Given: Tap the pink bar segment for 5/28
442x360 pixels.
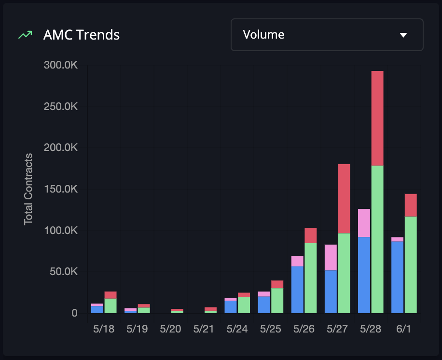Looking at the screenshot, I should pyautogui.click(x=364, y=223).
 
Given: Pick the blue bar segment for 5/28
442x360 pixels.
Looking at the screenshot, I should pyautogui.click(x=364, y=275).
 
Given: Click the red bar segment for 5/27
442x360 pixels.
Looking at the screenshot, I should pyautogui.click(x=344, y=199).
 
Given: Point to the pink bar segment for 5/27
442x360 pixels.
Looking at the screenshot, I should pyautogui.click(x=331, y=257).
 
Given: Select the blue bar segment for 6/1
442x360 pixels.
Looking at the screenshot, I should pyautogui.click(x=397, y=277).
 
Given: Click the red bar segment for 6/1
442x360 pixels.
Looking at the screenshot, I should pyautogui.click(x=411, y=205).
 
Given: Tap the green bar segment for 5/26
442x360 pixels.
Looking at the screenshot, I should pyautogui.click(x=311, y=278).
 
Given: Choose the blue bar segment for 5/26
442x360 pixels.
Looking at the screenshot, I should pyautogui.click(x=297, y=290).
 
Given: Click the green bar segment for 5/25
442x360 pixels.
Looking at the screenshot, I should pyautogui.click(x=277, y=301).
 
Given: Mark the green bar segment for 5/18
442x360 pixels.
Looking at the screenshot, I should pyautogui.click(x=110, y=305).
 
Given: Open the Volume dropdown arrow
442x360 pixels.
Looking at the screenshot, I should pyautogui.click(x=404, y=35).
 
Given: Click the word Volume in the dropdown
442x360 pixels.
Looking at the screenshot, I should pyautogui.click(x=263, y=35).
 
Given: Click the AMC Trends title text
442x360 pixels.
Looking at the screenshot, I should pyautogui.click(x=81, y=35).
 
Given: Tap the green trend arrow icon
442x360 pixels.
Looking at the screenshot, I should pyautogui.click(x=25, y=35).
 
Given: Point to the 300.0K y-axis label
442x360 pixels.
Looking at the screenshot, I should pyautogui.click(x=61, y=65).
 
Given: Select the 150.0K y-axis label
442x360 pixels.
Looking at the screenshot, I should pyautogui.click(x=61, y=189).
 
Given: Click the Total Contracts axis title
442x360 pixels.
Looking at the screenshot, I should pyautogui.click(x=28, y=189).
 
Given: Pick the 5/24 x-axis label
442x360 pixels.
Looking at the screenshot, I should pyautogui.click(x=237, y=329).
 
